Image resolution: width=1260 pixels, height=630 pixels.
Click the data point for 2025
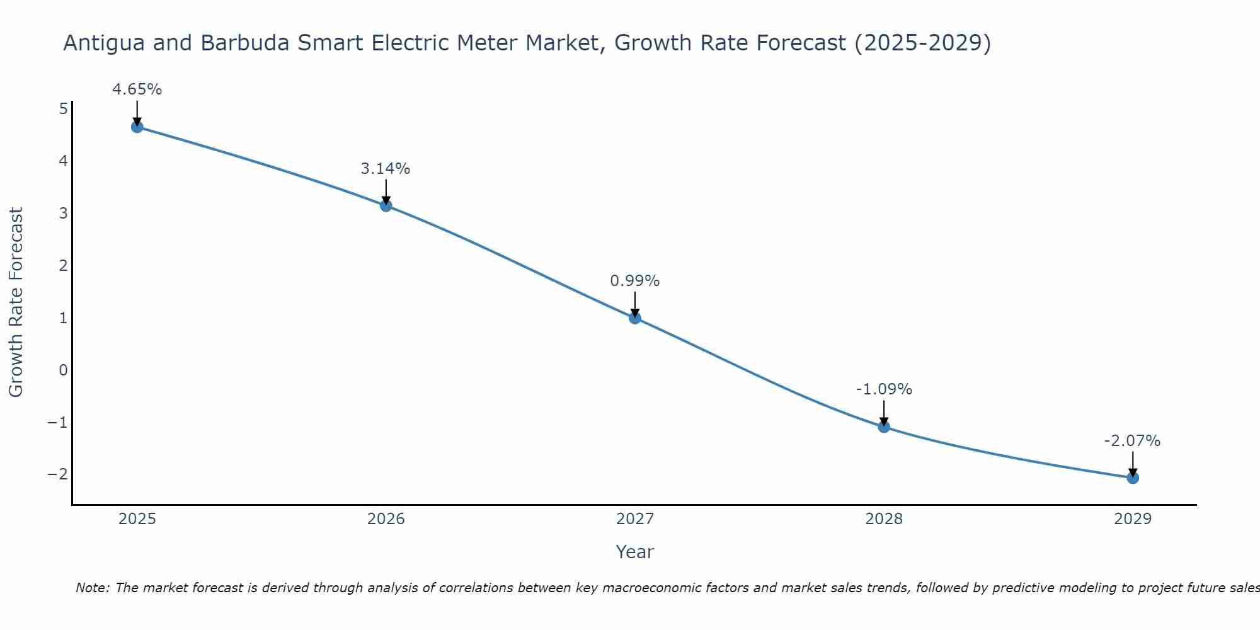137,127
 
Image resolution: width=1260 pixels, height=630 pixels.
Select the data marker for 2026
386,205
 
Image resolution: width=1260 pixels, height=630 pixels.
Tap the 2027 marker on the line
635,318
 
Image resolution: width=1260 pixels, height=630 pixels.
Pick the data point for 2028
884,427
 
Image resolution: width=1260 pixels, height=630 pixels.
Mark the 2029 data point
1133,478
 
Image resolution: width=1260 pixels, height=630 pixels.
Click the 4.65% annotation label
137,89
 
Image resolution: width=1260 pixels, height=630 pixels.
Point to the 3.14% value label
386,169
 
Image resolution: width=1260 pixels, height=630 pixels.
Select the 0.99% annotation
635,281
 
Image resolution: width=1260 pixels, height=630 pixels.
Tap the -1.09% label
884,389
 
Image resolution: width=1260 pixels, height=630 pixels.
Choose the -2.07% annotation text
1132,441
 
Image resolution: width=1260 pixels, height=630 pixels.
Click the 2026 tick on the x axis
386,519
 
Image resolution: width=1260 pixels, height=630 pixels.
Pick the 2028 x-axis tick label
884,519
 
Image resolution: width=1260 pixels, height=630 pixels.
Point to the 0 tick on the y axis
63,370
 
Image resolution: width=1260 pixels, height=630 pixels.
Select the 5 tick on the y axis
63,109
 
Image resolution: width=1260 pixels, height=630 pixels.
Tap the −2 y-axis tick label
57,474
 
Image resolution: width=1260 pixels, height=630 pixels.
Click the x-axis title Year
635,552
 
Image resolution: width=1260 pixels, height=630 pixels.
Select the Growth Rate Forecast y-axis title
16,302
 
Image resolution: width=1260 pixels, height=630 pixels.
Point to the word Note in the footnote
93,588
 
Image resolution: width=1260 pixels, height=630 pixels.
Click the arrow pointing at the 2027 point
635,304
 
